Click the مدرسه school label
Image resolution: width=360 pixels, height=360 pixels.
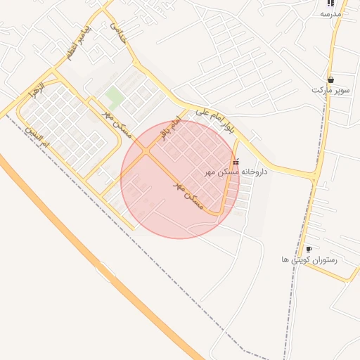click(330, 15)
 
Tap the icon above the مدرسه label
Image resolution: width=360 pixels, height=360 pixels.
click(330, 4)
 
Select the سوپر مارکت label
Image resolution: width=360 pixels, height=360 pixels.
click(330, 91)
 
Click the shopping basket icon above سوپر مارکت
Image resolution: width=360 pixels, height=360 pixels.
click(330, 79)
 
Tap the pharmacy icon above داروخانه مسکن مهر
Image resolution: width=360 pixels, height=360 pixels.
click(235, 162)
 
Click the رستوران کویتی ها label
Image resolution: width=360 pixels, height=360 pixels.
click(309, 260)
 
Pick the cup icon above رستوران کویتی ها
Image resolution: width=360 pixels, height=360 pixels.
click(309, 250)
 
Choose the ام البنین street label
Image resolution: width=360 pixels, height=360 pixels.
click(37, 136)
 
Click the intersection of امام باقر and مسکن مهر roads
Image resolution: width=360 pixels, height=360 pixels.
click(146, 151)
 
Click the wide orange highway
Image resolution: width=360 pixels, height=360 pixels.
click(70, 232)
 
